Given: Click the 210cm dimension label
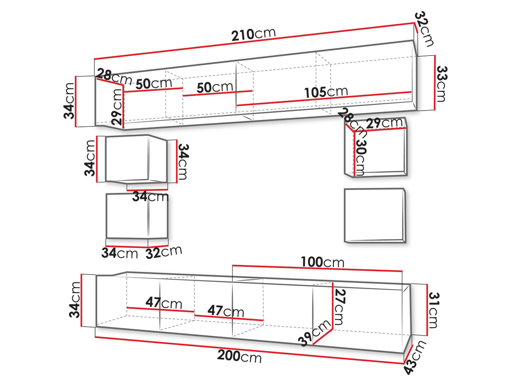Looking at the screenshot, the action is coord(253,35).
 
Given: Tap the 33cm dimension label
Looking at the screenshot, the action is coord(441,84).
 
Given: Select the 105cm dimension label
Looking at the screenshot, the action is coord(326,92).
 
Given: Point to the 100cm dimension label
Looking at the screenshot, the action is coord(323,262).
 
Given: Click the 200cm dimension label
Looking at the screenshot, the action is coord(239,357).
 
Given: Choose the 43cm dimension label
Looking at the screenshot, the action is coord(415,357).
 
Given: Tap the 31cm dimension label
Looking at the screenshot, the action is coord(434,310).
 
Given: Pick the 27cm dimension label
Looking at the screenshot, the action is coord(339,307).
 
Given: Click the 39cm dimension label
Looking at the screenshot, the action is coord(314,333).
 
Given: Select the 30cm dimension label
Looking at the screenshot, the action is coord(361,158).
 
